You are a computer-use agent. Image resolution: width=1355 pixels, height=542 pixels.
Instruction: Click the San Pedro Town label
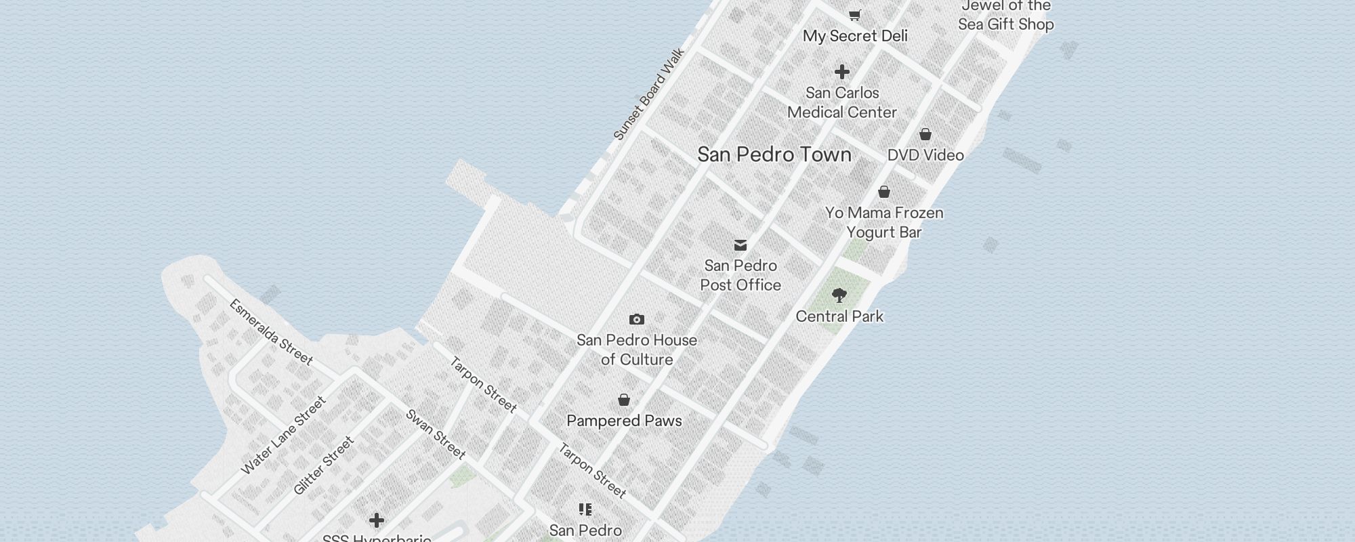(x=774, y=154)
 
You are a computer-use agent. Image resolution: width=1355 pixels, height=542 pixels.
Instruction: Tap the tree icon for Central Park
(x=839, y=295)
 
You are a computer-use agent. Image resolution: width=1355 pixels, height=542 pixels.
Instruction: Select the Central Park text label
(x=839, y=316)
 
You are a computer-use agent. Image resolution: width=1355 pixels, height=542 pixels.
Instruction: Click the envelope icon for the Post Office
(x=741, y=245)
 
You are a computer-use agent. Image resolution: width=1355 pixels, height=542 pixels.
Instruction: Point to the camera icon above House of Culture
(x=636, y=319)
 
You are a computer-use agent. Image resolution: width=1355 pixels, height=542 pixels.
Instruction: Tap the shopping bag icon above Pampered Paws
(x=624, y=400)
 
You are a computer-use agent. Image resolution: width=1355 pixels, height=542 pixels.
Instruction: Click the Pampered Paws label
(x=624, y=421)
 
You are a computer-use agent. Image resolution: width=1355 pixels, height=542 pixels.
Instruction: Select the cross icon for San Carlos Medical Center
(x=842, y=72)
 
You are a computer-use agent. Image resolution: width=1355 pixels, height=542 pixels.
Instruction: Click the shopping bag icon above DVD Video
(x=925, y=134)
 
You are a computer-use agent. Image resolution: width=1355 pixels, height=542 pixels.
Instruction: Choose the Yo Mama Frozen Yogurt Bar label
(x=884, y=222)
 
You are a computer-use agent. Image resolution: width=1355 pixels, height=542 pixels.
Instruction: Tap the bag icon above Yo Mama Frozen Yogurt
(x=884, y=192)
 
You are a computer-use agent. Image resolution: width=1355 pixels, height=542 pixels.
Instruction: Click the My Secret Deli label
(x=855, y=36)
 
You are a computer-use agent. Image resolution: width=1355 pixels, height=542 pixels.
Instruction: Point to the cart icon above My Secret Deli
(x=855, y=14)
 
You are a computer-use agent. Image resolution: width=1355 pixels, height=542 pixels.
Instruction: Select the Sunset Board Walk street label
(x=648, y=94)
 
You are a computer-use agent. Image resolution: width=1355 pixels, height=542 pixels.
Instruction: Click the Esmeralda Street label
(x=271, y=332)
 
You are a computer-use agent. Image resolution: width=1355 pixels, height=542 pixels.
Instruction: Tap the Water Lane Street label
(x=284, y=436)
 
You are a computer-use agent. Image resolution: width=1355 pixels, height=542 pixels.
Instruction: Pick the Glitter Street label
(x=324, y=465)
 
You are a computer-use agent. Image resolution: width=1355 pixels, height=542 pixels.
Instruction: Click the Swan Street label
(x=436, y=434)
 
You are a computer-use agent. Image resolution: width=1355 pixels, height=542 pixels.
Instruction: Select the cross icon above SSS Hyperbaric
(x=377, y=520)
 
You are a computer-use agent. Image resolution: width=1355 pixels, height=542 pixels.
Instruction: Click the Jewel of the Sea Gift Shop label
(x=1006, y=15)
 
